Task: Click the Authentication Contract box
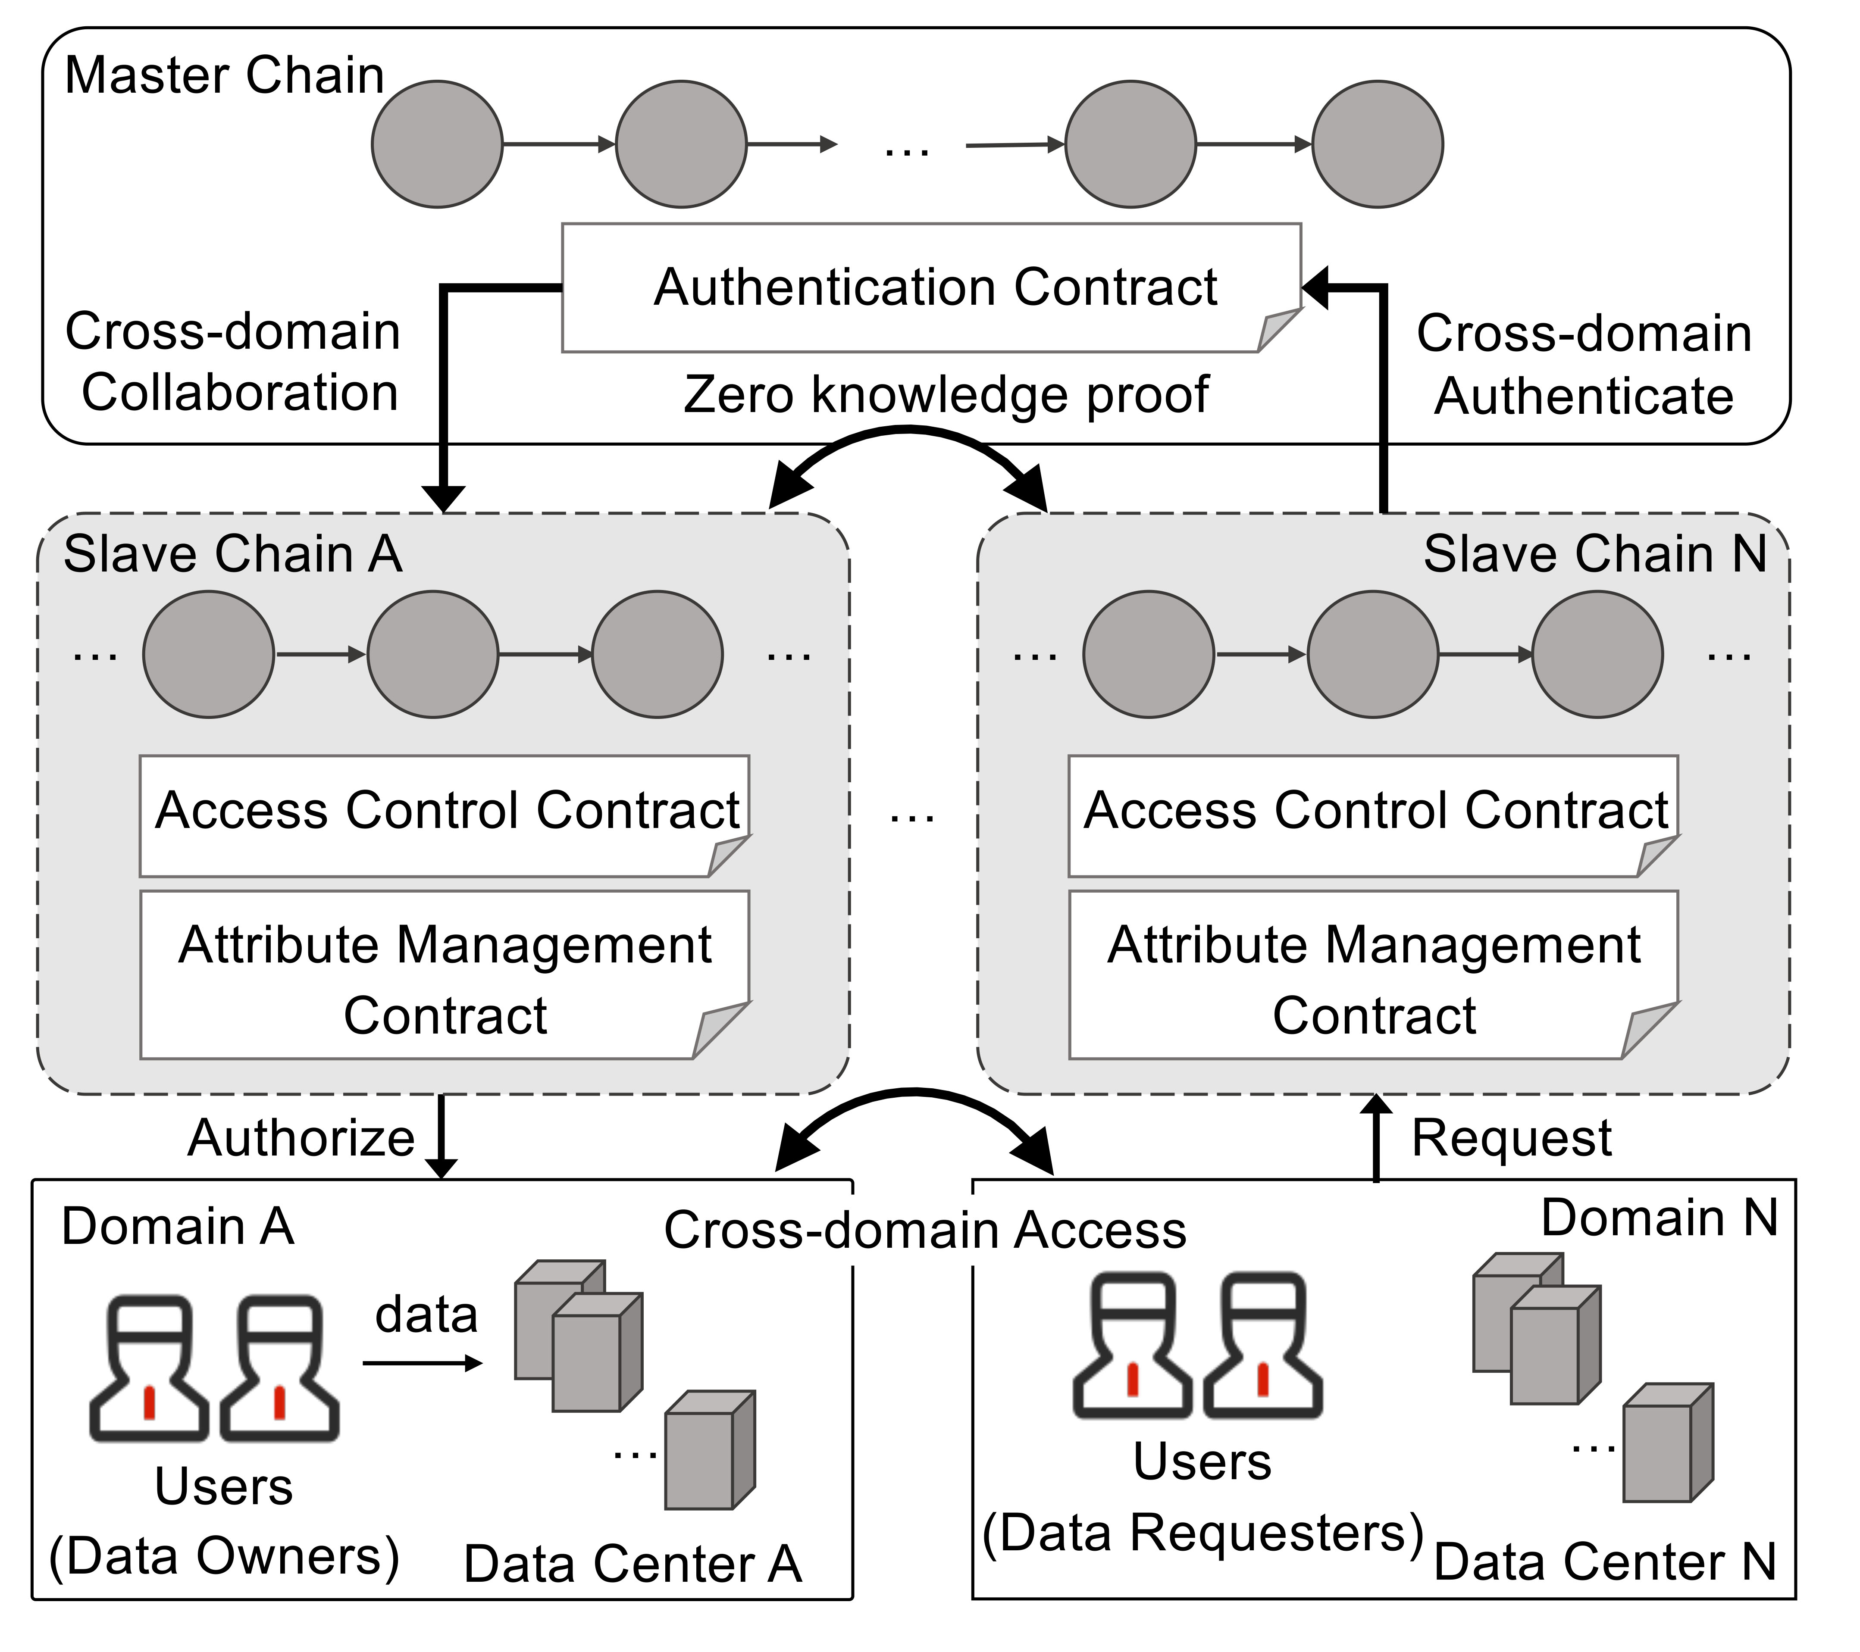tap(932, 287)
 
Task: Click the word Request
tap(1511, 1138)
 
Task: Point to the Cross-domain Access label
tap(924, 1230)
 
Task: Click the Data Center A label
tap(633, 1564)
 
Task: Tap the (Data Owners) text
tap(224, 1555)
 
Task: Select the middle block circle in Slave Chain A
tap(432, 654)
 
